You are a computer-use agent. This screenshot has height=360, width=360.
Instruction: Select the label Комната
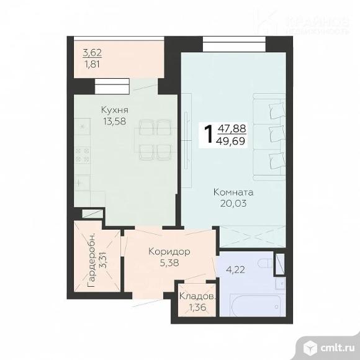coord(233,192)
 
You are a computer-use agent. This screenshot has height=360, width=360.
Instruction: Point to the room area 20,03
coord(232,203)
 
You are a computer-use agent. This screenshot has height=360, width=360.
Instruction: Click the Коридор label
coord(169,251)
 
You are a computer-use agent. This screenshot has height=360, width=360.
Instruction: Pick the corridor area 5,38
coord(169,263)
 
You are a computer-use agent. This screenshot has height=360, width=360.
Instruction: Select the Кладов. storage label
coord(197,297)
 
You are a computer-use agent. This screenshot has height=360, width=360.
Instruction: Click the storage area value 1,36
coord(197,308)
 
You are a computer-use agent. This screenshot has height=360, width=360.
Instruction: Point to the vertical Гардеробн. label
coord(91,259)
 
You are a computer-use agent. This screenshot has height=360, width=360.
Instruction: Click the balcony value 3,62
coord(92,52)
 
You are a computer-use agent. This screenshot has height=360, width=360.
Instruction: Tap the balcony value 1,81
coord(92,63)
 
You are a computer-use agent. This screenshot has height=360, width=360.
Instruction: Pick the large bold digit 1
coord(209,134)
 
